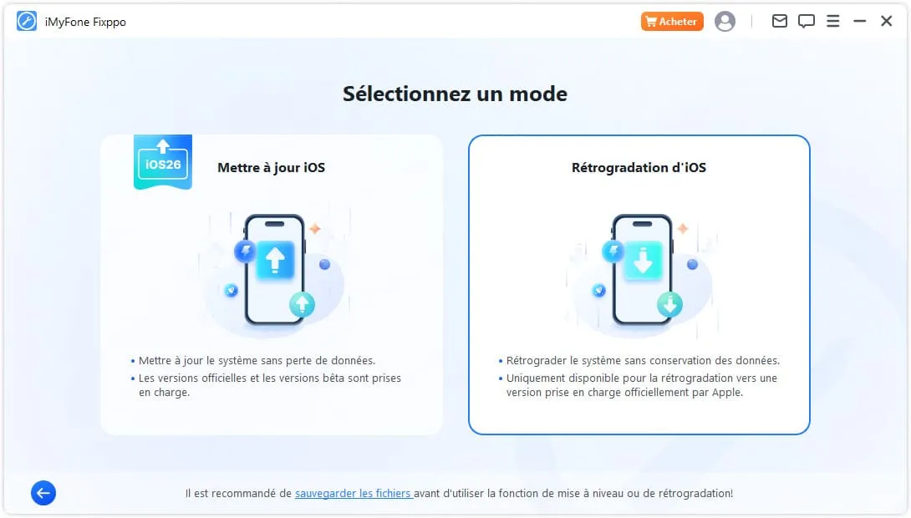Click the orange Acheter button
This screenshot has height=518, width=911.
672,22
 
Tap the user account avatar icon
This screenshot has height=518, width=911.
725,22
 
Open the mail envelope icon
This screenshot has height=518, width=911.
779,22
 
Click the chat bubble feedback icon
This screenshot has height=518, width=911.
806,22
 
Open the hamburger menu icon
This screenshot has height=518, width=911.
832,22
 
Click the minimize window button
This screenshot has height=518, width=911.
859,22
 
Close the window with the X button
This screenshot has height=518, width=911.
886,22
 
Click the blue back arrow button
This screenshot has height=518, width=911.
43,493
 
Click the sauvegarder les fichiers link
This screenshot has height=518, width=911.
354,493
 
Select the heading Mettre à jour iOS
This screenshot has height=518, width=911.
271,167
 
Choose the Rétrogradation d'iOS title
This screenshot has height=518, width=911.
639,167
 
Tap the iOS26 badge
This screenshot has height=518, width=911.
163,162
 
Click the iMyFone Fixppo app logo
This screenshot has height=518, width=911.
27,22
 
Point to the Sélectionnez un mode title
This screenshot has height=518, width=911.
455,94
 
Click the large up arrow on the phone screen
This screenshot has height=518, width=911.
276,260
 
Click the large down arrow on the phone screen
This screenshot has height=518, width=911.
644,260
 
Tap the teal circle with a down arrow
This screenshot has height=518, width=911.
670,304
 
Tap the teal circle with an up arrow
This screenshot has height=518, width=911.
302,304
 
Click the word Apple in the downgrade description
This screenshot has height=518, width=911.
727,393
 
